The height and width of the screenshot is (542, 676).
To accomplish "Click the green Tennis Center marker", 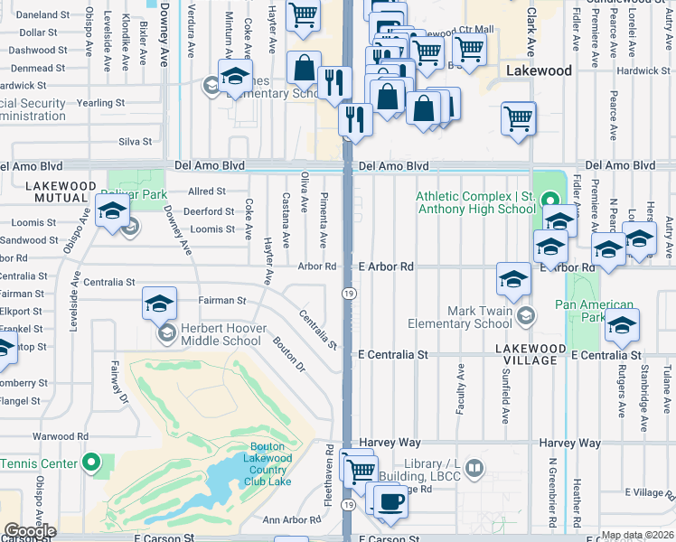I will coord(90,463).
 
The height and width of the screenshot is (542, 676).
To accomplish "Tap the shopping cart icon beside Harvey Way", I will coord(361,470).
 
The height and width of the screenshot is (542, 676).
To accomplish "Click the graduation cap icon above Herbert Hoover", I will coord(159,304).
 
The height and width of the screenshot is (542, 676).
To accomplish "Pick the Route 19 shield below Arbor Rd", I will coord(347,293).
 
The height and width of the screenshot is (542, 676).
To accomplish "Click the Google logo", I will coord(29,531).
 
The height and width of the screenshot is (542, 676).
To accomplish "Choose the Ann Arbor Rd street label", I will coord(291,519).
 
